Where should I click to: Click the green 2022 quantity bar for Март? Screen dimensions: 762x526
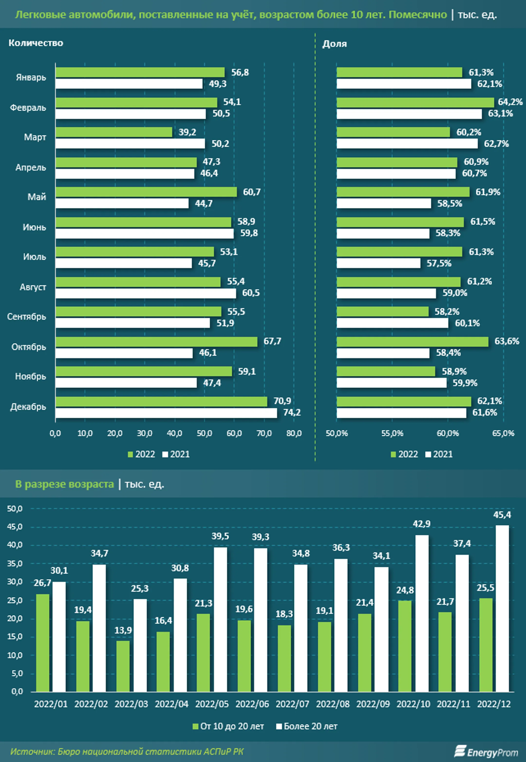click(114, 132)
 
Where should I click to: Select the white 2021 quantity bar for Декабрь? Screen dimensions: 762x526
click(166, 413)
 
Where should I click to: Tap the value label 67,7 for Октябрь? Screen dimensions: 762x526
click(272, 341)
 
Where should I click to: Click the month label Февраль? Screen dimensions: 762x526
click(28, 108)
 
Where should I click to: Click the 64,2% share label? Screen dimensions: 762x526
click(510, 102)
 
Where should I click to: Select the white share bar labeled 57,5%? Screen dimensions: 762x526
click(378, 263)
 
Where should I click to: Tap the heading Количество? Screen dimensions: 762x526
click(36, 43)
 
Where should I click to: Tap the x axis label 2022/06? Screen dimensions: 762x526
click(252, 704)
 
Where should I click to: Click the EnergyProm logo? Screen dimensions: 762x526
click(486, 752)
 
